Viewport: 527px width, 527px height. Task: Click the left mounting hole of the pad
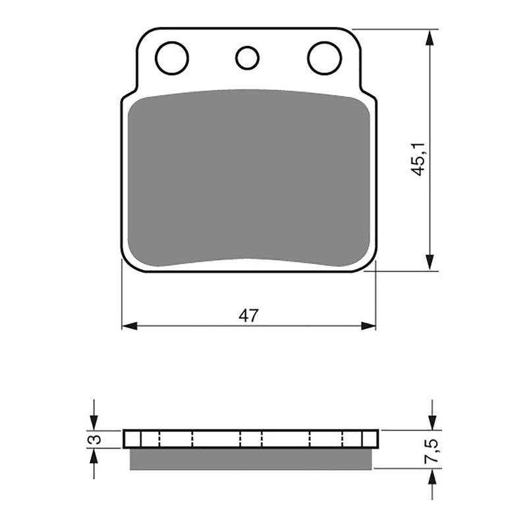tap(172, 57)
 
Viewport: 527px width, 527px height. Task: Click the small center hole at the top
tap(248, 58)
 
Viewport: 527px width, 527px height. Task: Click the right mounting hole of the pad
tap(324, 57)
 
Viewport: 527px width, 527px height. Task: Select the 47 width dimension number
tap(248, 316)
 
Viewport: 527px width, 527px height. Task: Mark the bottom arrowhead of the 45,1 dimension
tap(430, 263)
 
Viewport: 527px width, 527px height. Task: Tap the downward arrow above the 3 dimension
tap(94, 423)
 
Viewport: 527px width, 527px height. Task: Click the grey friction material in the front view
tap(248, 178)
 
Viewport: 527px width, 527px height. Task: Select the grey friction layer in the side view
tap(250, 459)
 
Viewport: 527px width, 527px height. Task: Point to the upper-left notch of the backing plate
tap(131, 93)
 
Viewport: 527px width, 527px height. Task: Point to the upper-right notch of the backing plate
tap(366, 93)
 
